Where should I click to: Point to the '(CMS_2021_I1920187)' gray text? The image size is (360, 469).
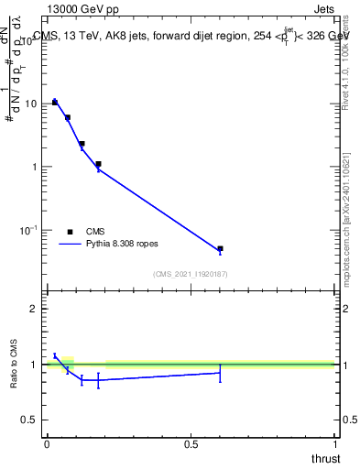click(x=191, y=274)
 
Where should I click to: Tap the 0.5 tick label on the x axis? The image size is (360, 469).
click(x=191, y=443)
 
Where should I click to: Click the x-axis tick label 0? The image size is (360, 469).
click(x=47, y=443)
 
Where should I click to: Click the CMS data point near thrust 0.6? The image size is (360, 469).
click(x=220, y=248)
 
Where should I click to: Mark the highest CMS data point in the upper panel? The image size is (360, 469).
click(x=55, y=102)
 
